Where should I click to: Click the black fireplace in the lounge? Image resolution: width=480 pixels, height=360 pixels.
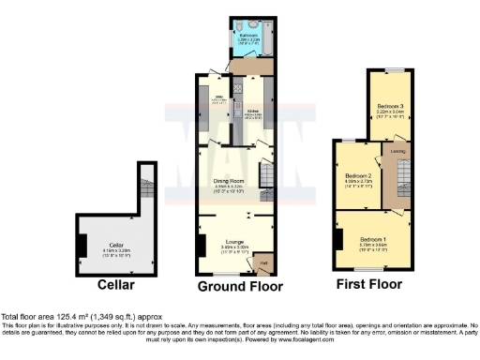coord(202,246)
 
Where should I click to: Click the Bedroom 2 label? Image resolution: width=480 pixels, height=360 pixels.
coord(358,178)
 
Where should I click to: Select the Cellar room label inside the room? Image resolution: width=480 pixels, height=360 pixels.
coord(107,246)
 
